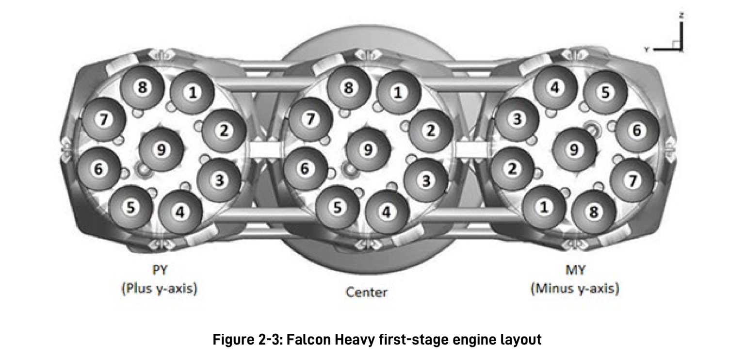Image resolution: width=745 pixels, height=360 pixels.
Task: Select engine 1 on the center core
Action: [398, 92]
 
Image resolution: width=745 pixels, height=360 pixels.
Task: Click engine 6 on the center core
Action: [304, 168]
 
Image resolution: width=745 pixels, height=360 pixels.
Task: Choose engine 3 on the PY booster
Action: [220, 180]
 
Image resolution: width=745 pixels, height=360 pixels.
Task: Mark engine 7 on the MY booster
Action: [632, 180]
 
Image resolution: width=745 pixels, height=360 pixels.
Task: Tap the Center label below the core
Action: [367, 292]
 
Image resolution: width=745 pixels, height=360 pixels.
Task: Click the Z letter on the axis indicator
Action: [681, 16]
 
